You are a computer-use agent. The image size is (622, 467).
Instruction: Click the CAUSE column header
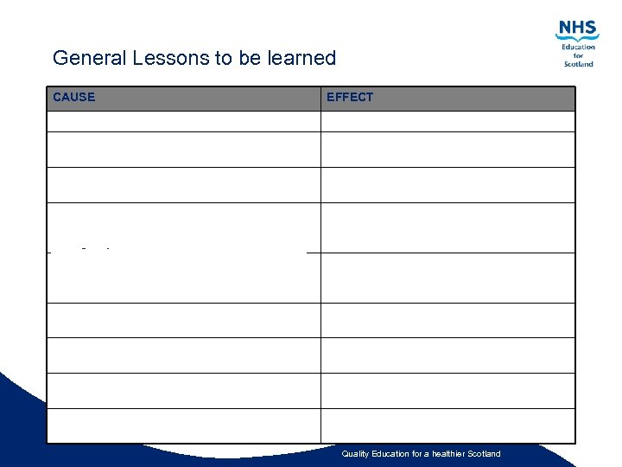pos(74,97)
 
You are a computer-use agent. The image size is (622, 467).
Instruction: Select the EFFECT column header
pos(350,97)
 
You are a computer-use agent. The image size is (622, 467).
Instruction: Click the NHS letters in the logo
pos(578,28)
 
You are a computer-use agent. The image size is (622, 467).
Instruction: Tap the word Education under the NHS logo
pos(579,47)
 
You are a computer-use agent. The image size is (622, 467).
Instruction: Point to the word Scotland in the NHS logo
pos(579,64)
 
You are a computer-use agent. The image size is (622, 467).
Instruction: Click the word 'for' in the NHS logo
pos(579,55)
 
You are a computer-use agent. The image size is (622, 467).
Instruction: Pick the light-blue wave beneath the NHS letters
pos(577,39)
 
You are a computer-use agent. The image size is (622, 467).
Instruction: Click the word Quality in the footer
pos(355,454)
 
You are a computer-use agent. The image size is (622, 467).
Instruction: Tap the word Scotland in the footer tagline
pos(481,454)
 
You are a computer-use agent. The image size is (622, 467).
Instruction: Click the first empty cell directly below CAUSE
pos(183,122)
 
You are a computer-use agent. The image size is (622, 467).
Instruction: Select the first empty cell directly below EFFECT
pos(447,122)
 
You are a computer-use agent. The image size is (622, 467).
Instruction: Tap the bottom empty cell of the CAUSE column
pos(183,425)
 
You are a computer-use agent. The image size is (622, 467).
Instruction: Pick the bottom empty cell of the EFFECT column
pos(447,425)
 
